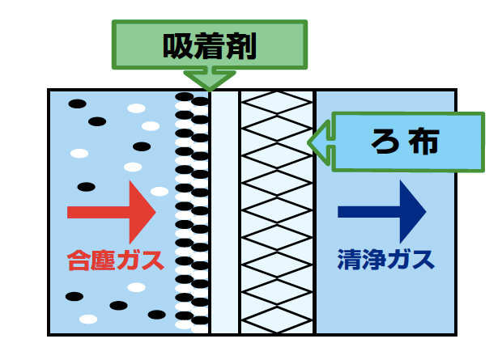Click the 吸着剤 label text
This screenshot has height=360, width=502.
pos(210,47)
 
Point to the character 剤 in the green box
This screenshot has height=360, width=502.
pos(241,47)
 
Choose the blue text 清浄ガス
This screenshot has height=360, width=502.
pos(385,260)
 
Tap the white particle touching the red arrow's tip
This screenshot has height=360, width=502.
pos(160,192)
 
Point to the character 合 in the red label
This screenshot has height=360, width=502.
pos(79,260)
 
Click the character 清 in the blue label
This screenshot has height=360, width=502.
pos(349,260)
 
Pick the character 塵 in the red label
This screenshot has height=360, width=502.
pos(103,260)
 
